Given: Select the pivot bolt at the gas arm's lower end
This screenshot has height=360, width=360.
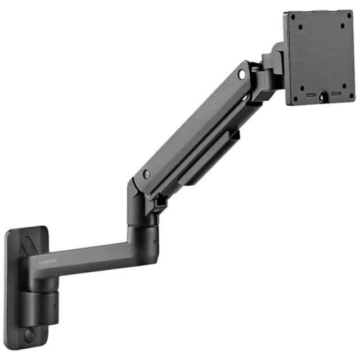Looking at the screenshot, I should pos(146,175).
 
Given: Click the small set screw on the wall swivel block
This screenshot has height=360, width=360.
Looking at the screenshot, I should pos(54,307).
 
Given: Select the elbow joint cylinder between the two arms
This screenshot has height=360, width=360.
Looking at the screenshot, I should pos(141,236).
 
